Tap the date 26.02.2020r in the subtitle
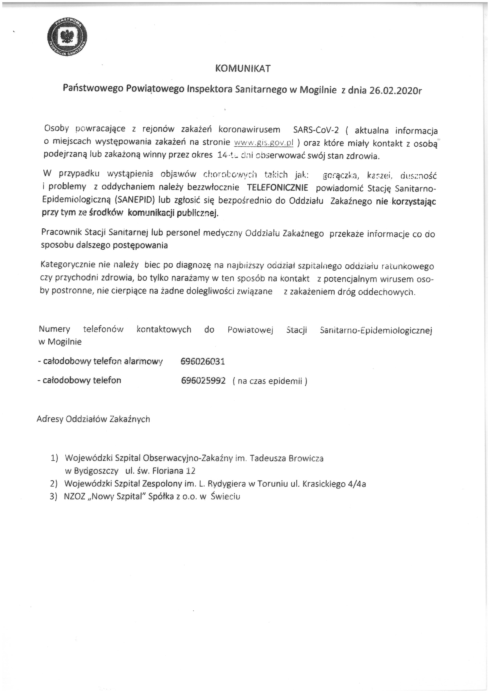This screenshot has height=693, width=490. pyautogui.click(x=395, y=90)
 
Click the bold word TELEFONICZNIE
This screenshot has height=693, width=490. pyautogui.click(x=278, y=188)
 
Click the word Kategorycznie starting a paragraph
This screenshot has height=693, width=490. pyautogui.click(x=68, y=265)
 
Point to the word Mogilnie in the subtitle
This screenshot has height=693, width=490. pyautogui.click(x=318, y=90)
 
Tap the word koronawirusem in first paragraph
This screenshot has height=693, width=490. pyautogui.click(x=249, y=130)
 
